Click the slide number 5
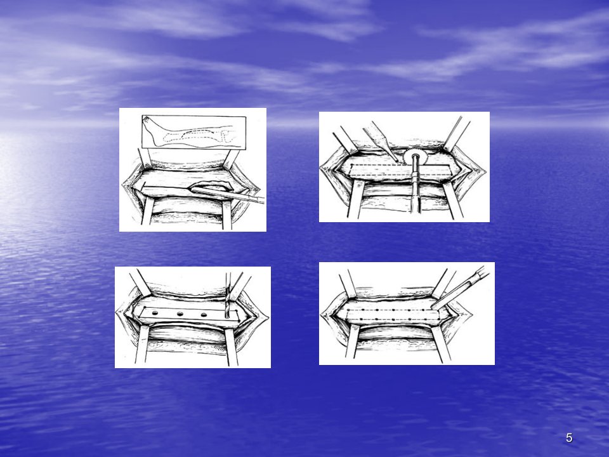coord(569,438)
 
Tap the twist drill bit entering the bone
coord(227,295)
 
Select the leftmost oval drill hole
coord(155,313)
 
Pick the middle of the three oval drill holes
coord(180,314)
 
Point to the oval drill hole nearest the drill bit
coord(204,315)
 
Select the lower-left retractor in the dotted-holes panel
coord(353,341)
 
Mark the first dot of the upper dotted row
coord(348,310)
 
